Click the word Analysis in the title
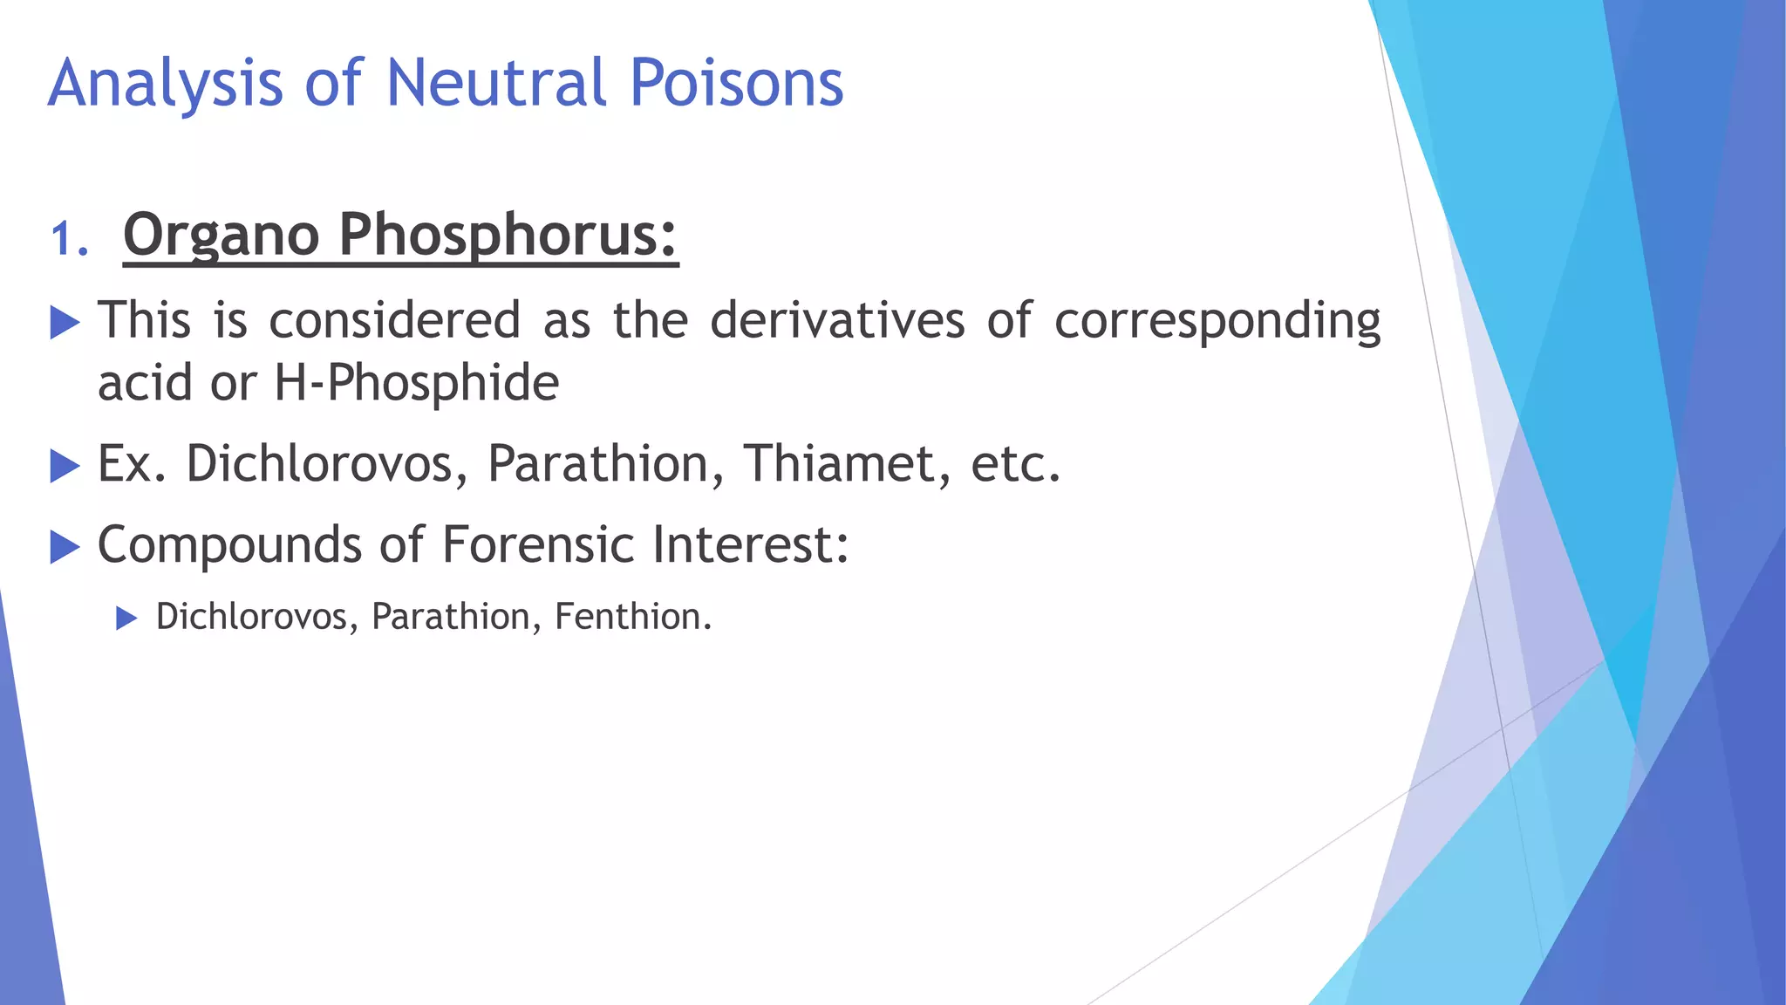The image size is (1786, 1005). pos(166,85)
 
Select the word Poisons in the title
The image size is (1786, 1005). pos(736,83)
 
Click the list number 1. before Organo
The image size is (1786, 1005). pos(70,238)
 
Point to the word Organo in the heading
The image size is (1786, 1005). pos(222,236)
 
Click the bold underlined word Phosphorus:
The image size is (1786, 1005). pos(508,236)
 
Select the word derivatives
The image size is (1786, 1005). pos(837,319)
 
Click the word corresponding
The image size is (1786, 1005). pos(1217,321)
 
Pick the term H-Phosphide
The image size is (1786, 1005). pos(417,383)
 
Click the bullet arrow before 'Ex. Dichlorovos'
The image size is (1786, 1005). pos(65,466)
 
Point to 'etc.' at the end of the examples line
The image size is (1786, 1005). pos(1015,464)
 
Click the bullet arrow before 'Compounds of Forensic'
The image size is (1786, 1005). pos(65,547)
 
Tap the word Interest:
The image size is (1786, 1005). pos(750,544)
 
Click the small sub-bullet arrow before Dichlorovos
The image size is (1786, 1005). pos(127,619)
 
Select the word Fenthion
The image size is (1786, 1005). pos(633,617)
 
